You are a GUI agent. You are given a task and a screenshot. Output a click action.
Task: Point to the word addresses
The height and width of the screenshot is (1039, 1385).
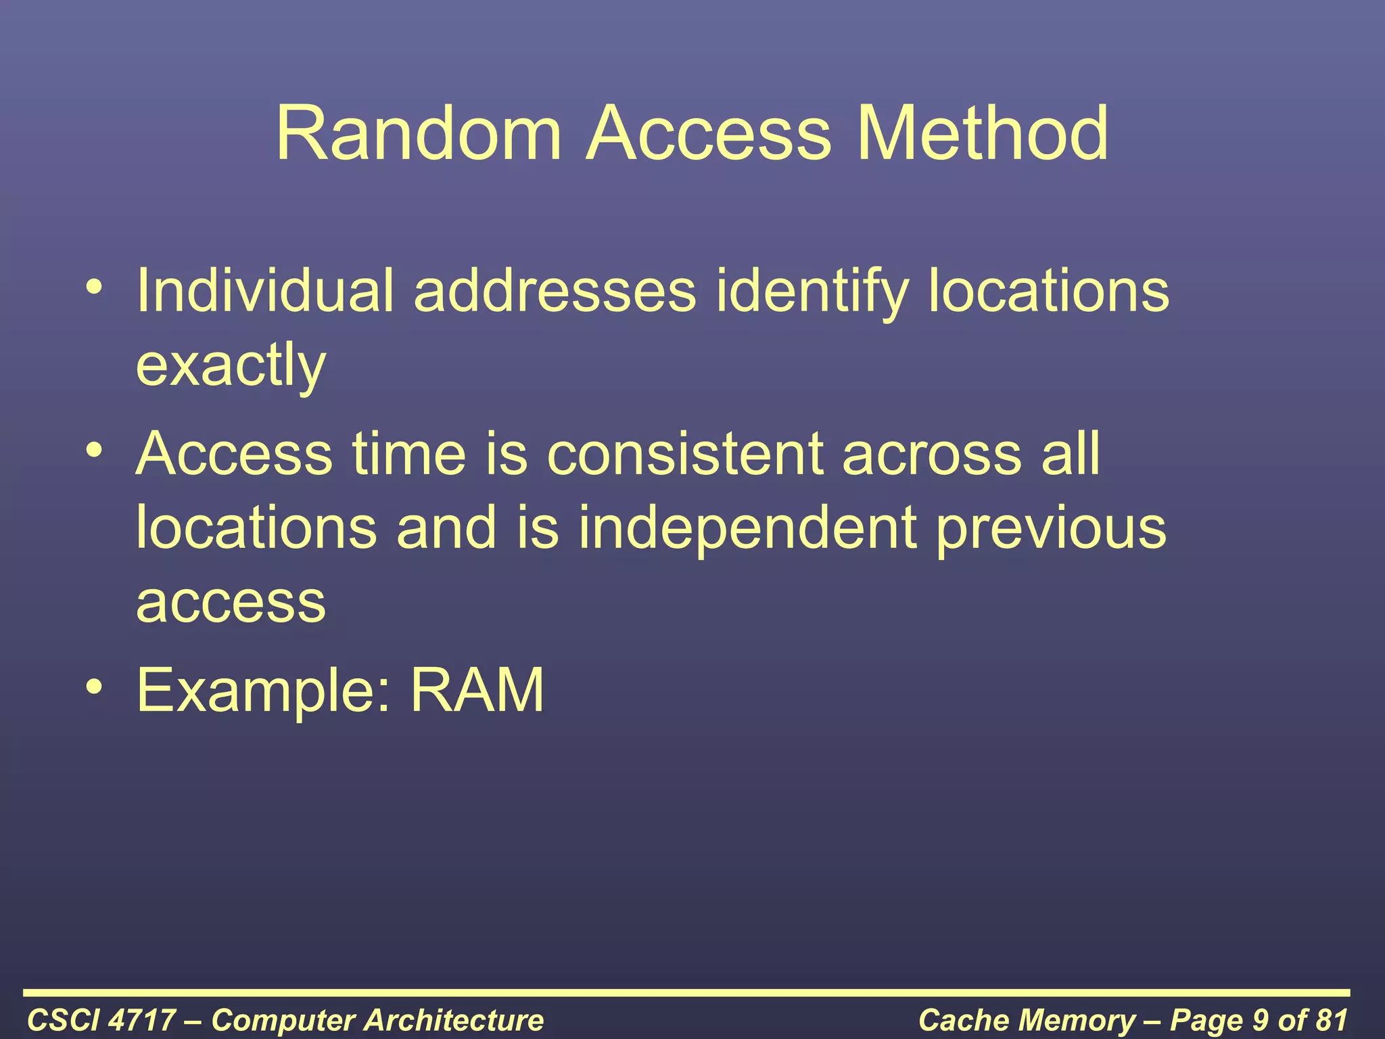(x=555, y=291)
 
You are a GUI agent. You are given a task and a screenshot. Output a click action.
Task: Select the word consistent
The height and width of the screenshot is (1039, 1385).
(x=685, y=453)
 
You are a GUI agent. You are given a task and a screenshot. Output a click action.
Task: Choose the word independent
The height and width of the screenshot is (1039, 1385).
(x=747, y=528)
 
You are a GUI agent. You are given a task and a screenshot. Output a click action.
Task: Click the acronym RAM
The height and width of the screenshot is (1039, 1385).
(x=477, y=690)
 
